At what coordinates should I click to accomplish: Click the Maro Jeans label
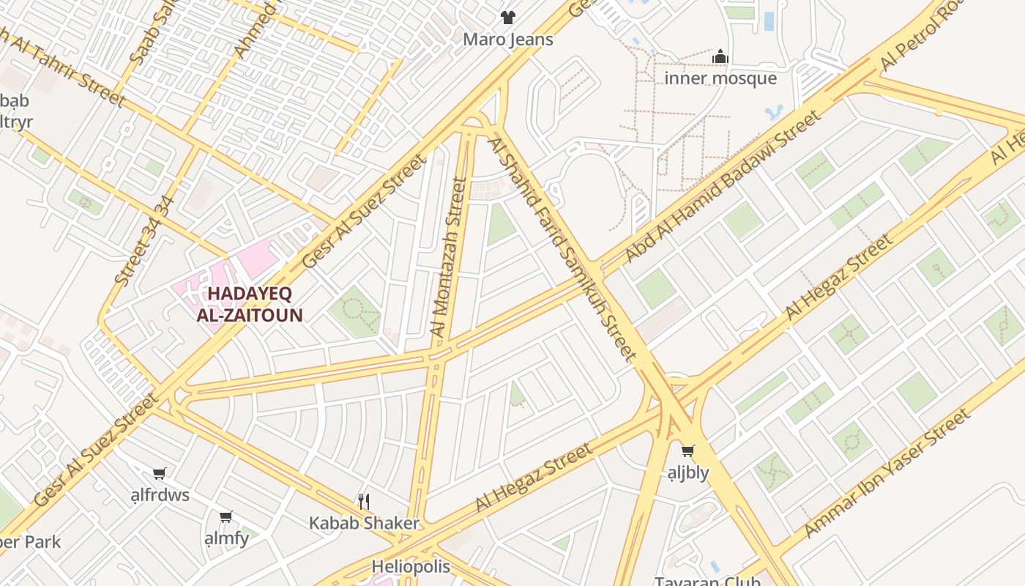[507, 40]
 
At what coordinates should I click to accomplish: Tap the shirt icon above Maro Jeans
[507, 17]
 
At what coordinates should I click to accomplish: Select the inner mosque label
[720, 78]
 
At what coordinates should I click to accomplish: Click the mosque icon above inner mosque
[720, 56]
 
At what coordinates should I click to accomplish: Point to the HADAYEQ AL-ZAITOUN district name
[250, 305]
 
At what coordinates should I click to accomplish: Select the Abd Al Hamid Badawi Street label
[723, 187]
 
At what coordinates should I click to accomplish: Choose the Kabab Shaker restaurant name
[364, 523]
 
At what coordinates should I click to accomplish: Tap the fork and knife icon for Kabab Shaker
[364, 501]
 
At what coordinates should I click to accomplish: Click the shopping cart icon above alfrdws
[159, 473]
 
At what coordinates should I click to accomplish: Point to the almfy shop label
[227, 538]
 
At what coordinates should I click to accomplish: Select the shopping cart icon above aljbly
[687, 450]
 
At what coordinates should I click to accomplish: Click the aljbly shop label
[688, 472]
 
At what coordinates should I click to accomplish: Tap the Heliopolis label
[411, 566]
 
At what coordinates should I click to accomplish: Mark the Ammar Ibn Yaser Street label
[887, 474]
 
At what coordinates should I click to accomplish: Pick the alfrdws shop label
[160, 495]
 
